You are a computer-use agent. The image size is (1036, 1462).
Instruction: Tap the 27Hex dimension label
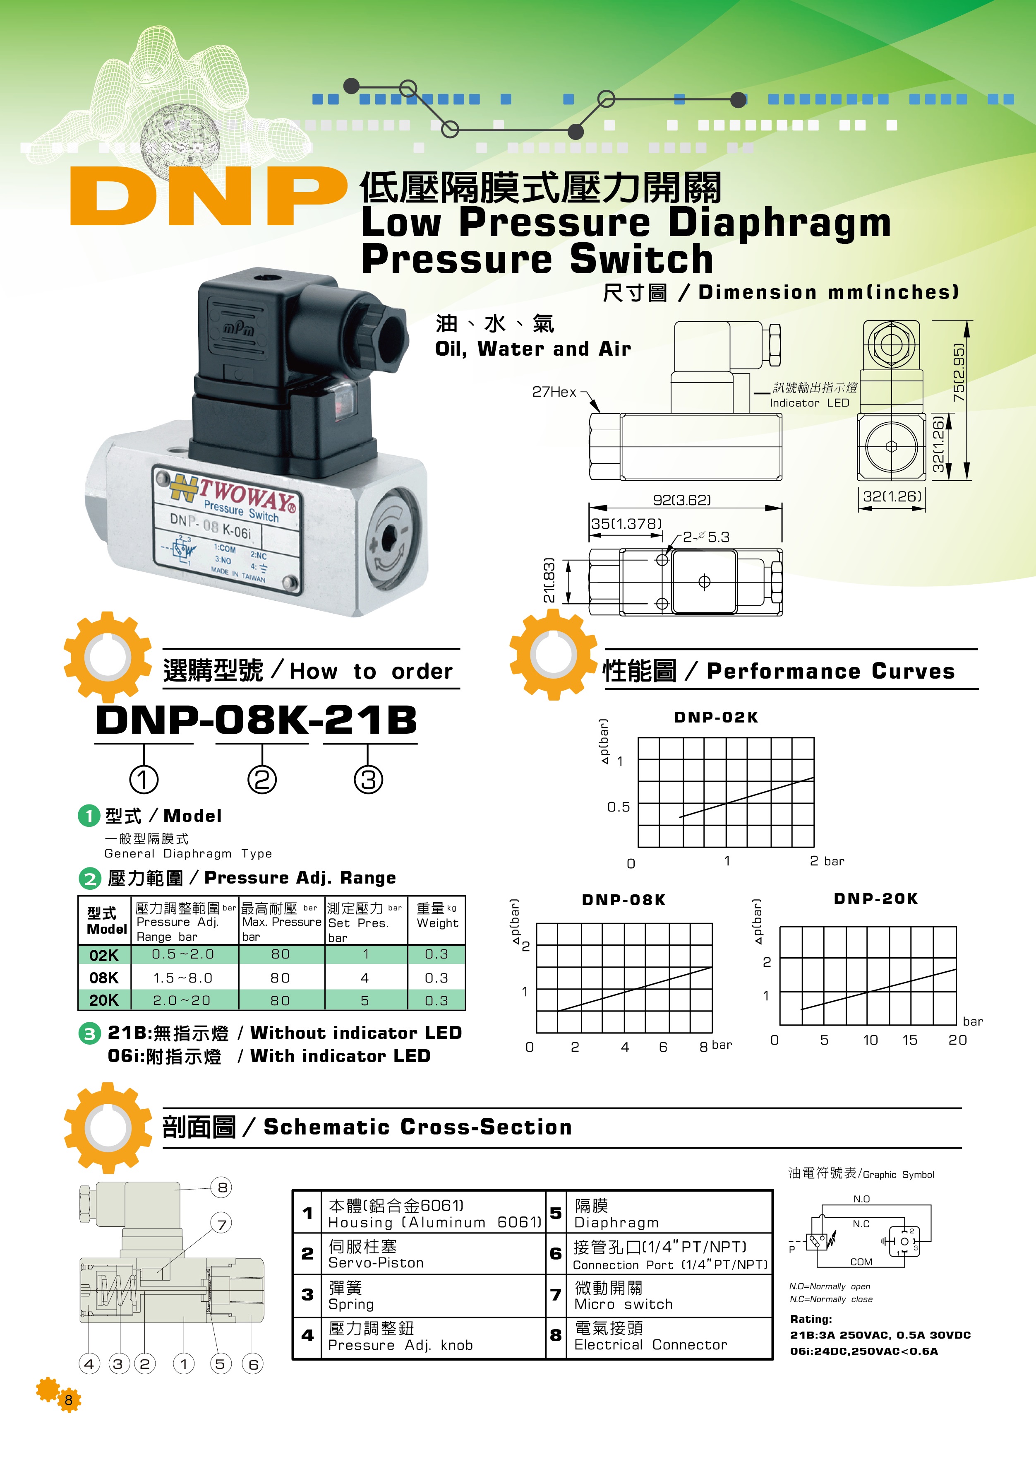click(x=554, y=392)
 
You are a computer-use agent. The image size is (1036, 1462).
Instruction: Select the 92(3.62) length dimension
click(x=681, y=500)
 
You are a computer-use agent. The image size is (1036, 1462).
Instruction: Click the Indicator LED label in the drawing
click(x=809, y=403)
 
